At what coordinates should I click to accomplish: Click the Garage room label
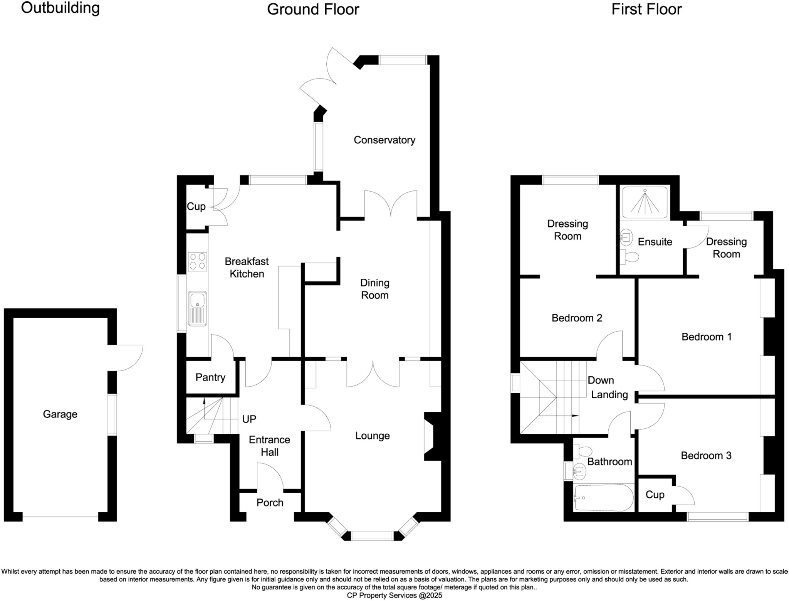tap(60, 414)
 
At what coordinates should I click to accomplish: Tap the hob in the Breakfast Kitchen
tap(197, 261)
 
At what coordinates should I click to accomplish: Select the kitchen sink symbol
tap(198, 308)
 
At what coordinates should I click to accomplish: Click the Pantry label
tap(210, 377)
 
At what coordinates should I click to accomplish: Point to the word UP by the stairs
tap(249, 419)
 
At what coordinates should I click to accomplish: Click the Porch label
tap(270, 502)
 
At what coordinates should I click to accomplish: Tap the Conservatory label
tap(384, 140)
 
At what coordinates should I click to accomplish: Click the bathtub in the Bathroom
tap(603, 498)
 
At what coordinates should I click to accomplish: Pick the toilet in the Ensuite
tap(629, 257)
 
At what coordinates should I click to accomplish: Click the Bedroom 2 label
tap(576, 318)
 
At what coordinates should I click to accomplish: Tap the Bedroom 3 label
tap(706, 456)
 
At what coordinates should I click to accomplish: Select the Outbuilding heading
tap(60, 8)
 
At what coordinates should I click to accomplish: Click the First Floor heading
tap(646, 9)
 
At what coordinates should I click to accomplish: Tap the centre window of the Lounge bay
tap(372, 535)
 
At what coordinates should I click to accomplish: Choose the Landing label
tap(609, 394)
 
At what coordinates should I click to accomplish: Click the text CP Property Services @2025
tap(394, 595)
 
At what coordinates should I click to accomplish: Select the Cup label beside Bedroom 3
tap(655, 495)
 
